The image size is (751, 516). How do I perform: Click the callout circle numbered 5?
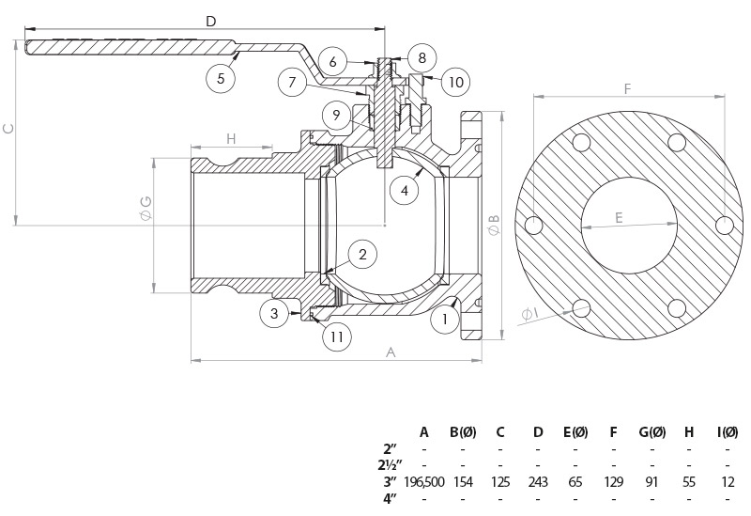tap(221, 78)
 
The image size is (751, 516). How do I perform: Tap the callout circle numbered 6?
tap(332, 62)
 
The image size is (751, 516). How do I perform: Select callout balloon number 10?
tap(454, 83)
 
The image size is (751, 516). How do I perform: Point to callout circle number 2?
tap(362, 253)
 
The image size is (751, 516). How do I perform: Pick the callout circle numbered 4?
tap(404, 189)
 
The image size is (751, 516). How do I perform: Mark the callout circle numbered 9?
tap(336, 116)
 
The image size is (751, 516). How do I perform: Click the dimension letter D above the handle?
tap(210, 21)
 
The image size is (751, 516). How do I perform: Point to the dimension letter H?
tap(230, 138)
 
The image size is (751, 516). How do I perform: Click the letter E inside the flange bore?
tap(620, 217)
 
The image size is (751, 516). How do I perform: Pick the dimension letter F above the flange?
tap(626, 90)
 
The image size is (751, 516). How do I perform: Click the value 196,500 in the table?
tap(424, 481)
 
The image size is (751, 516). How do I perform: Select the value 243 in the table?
tap(538, 481)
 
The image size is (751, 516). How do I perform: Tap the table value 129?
tap(613, 481)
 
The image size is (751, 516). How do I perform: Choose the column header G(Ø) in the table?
tap(651, 432)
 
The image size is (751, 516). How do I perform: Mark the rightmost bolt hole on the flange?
tap(724, 225)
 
